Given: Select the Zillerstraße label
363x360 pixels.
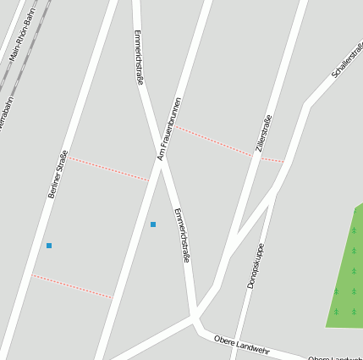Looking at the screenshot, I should [x=263, y=134].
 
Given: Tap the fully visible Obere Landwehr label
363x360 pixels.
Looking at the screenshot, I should [x=241, y=343].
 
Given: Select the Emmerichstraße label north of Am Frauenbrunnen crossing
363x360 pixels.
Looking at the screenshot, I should [x=140, y=57].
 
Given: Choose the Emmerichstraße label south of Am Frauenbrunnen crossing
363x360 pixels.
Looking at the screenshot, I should [x=181, y=235].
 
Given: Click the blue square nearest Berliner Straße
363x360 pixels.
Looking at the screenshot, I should [x=49, y=246].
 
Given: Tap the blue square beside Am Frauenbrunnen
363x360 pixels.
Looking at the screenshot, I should [x=153, y=224].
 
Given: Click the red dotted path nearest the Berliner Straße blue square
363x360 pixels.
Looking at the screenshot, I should [x=72, y=286].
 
